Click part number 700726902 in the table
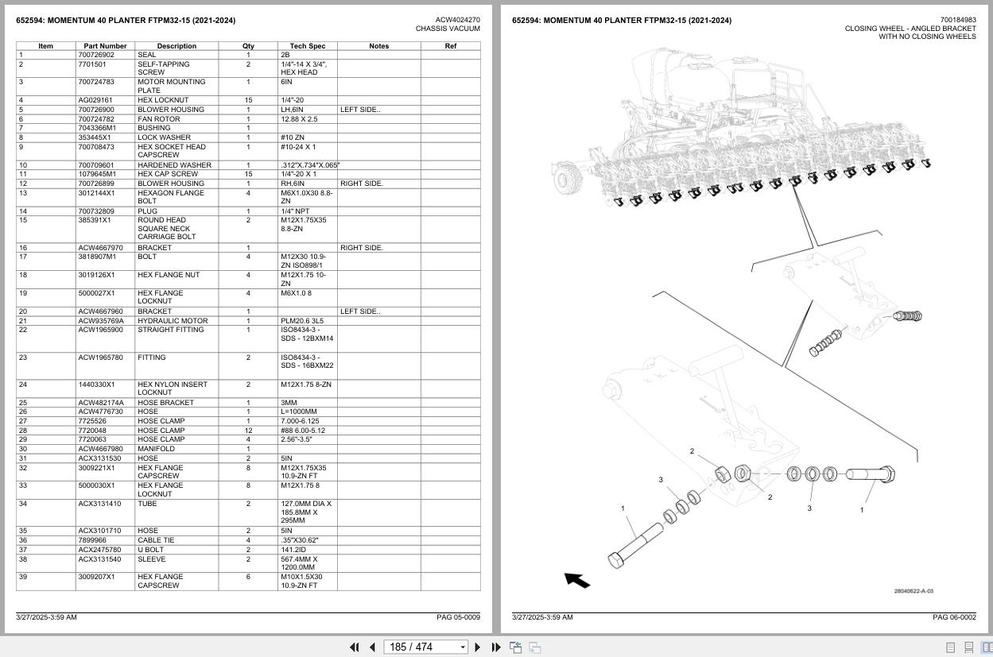[96, 55]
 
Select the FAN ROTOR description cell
[159, 119]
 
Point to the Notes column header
[378, 46]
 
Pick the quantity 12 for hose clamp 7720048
[248, 431]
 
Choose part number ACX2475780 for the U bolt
[99, 550]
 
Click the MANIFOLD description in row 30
[156, 449]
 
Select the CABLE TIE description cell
[157, 540]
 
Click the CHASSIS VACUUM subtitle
[448, 29]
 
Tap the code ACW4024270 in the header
[457, 20]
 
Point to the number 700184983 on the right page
[957, 20]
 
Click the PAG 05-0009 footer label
[458, 617]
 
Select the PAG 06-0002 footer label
[954, 617]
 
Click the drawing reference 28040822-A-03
[913, 591]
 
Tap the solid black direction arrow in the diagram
[577, 581]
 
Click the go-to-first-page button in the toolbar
[355, 647]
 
